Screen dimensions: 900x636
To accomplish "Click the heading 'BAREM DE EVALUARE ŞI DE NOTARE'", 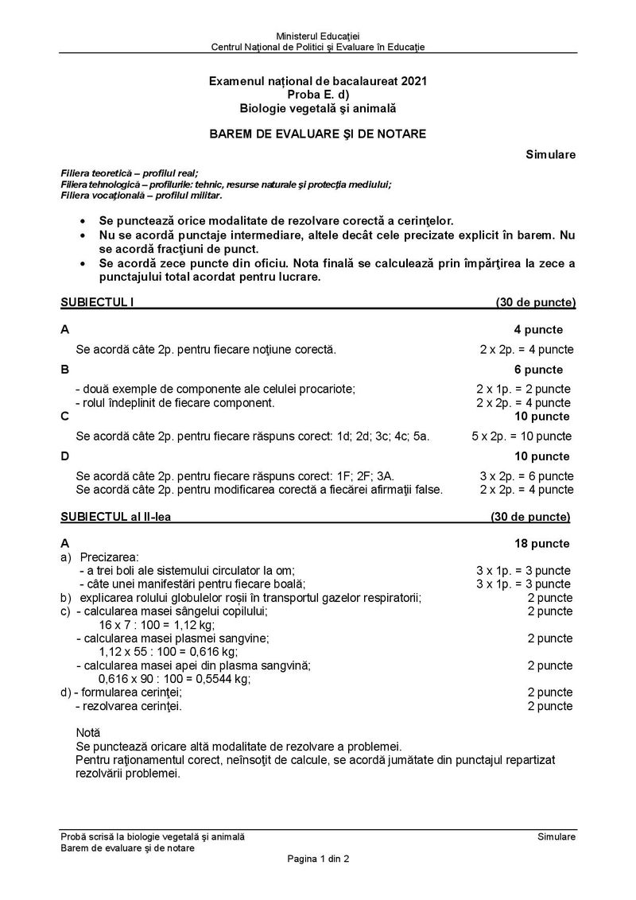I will click(x=317, y=134).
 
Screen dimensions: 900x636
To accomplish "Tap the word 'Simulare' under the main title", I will click(x=550, y=153).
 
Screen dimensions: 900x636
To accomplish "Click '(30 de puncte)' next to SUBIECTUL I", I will click(x=536, y=302).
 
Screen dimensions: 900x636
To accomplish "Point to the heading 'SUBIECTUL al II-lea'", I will click(x=116, y=517).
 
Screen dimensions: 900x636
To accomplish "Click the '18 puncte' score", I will click(x=541, y=544).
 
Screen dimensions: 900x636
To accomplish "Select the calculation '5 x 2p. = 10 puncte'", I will click(x=521, y=436).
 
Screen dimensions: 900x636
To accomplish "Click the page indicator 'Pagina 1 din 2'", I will click(x=318, y=859).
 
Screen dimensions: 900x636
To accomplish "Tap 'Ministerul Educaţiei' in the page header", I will click(x=318, y=37).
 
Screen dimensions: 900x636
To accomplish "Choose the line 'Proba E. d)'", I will click(x=318, y=94).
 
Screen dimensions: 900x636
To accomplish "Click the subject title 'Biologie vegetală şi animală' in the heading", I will click(x=318, y=107).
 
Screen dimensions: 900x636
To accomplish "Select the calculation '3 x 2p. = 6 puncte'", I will click(x=525, y=476).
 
